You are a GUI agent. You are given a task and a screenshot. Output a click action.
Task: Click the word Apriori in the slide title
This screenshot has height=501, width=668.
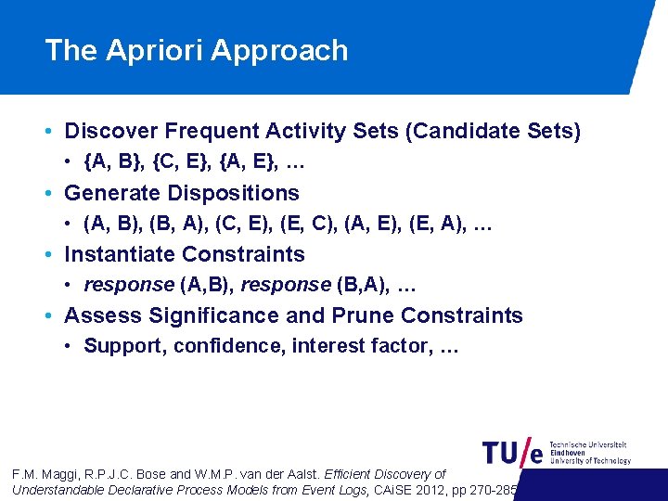point(158,50)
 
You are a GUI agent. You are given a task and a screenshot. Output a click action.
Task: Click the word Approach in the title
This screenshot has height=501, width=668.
point(279,50)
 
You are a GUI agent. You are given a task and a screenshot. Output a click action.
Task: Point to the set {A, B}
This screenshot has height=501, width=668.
point(112,162)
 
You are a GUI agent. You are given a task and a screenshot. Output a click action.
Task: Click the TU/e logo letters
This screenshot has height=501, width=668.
point(512,452)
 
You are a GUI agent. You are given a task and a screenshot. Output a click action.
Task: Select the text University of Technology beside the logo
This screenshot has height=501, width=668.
point(590,461)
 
